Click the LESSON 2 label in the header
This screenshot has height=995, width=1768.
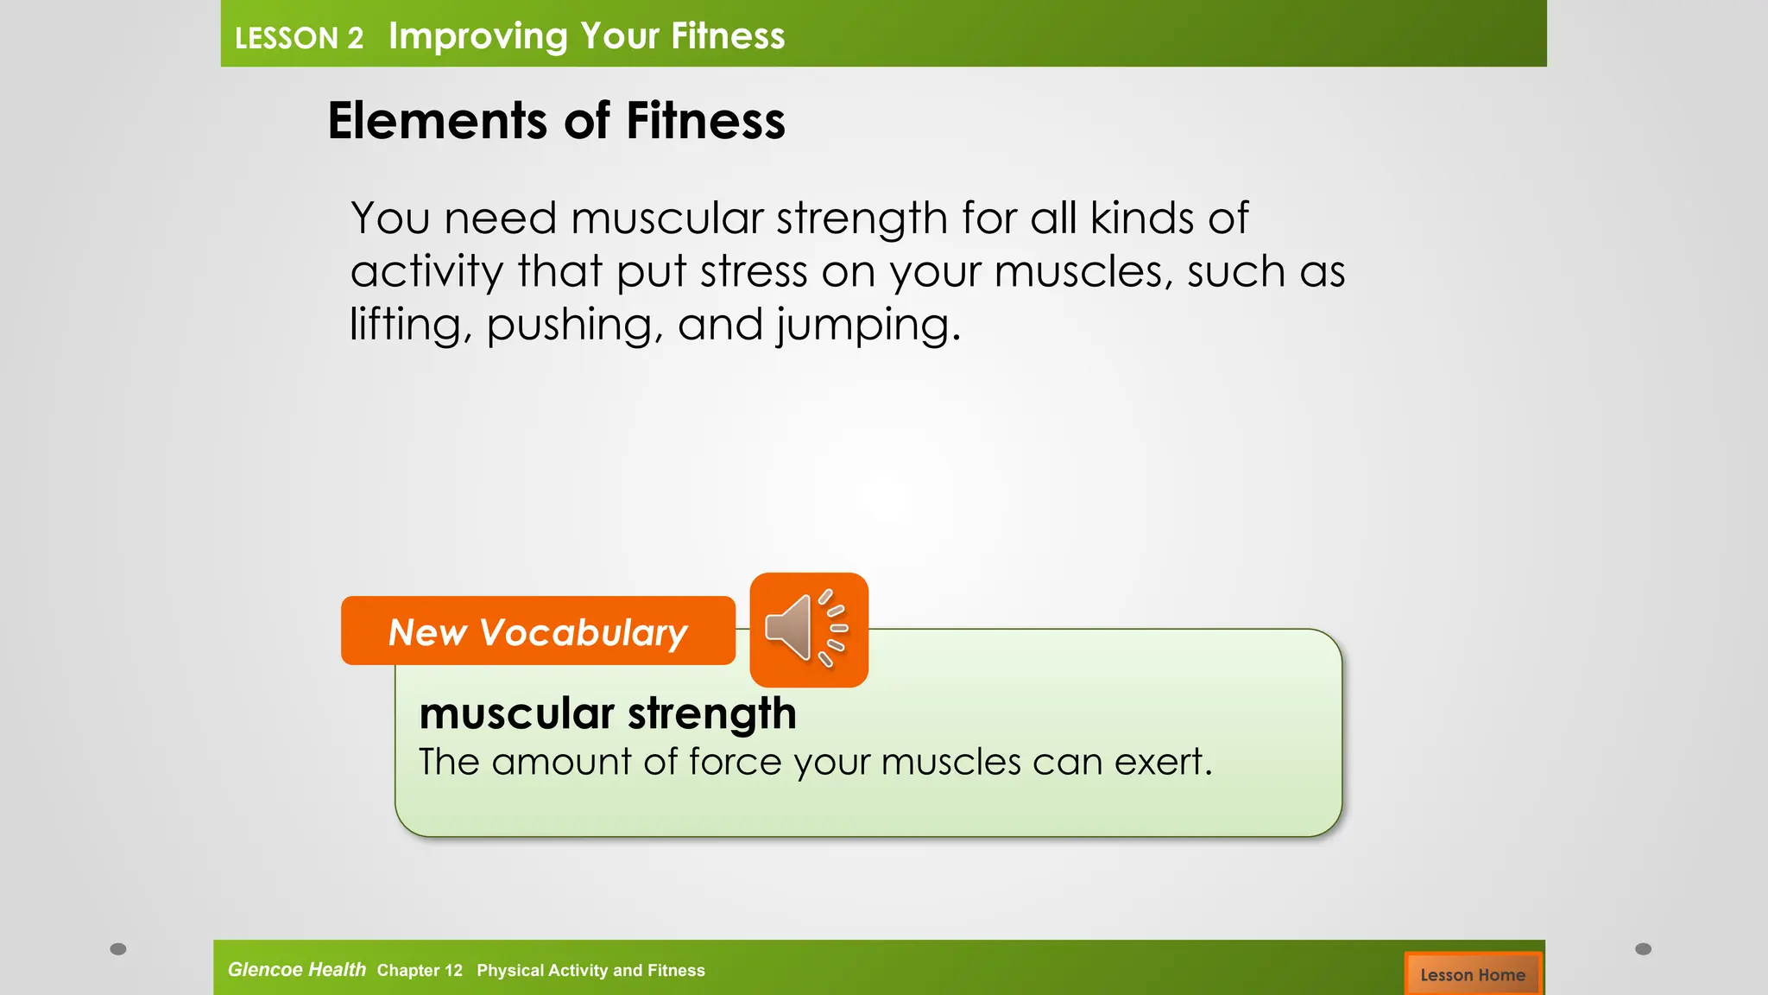click(x=299, y=38)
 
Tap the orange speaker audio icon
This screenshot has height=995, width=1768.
click(x=808, y=630)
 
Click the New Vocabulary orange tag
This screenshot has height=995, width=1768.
click(x=538, y=631)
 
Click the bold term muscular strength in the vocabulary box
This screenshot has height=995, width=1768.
click(x=607, y=714)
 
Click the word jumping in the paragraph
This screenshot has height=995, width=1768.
click(x=862, y=326)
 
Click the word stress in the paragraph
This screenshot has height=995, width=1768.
click(x=753, y=272)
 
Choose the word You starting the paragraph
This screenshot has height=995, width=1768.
click(x=389, y=218)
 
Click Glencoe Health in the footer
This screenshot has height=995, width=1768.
click(x=296, y=969)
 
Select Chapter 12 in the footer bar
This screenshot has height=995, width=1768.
click(x=420, y=970)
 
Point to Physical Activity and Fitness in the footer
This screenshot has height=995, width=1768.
click(x=590, y=970)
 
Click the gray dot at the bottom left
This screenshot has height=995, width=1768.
click(x=118, y=949)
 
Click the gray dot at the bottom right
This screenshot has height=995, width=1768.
click(x=1643, y=949)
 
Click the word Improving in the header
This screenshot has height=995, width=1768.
click(x=477, y=36)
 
